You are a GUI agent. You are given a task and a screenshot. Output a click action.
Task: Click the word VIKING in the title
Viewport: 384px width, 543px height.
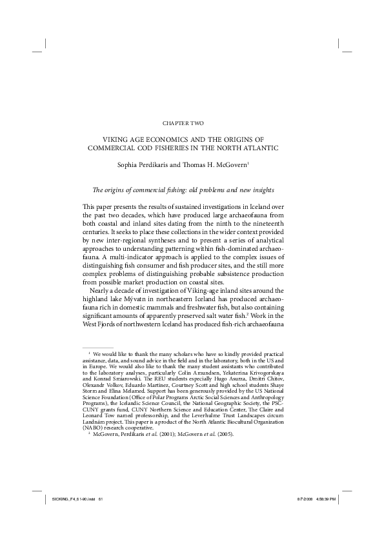119,139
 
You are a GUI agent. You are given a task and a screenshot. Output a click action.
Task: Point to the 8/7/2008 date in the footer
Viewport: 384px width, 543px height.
305,517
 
